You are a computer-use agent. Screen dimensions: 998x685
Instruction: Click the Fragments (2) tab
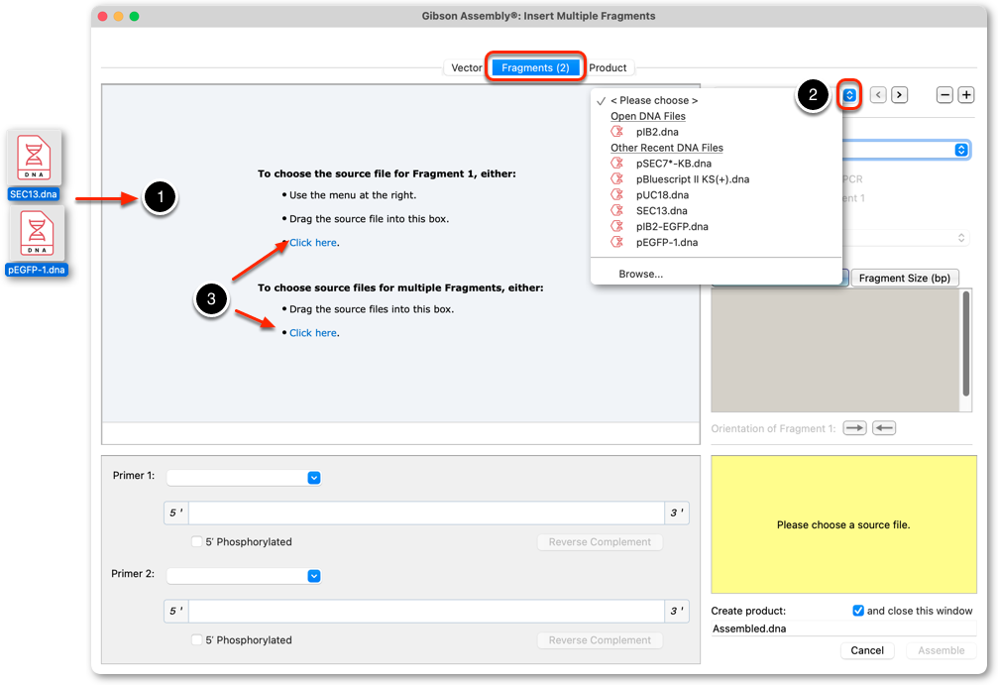(x=535, y=67)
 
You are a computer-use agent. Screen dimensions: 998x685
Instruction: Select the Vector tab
(x=467, y=67)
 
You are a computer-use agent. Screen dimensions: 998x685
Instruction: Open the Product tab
(x=608, y=67)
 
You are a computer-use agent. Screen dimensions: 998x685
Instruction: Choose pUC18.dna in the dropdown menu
(x=662, y=195)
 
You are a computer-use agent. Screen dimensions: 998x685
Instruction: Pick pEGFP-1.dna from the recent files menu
(x=666, y=242)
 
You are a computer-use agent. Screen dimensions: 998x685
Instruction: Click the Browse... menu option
(x=640, y=274)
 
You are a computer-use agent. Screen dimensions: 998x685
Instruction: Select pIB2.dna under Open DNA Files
(x=657, y=132)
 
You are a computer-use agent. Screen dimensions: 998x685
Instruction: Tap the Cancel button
(x=867, y=650)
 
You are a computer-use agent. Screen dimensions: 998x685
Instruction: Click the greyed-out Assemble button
(x=941, y=650)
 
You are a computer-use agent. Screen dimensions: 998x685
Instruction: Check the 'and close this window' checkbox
(x=858, y=611)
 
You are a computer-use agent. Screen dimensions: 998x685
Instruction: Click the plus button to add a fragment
(x=966, y=95)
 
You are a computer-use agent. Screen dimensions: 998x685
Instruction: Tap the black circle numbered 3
(x=211, y=299)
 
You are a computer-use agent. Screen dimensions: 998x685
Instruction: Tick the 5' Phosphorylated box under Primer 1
(x=197, y=542)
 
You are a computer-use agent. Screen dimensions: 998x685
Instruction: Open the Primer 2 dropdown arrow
(x=314, y=576)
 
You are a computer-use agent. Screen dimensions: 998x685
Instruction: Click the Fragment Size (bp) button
(x=905, y=278)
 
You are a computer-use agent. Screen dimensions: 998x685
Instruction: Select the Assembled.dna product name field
(x=843, y=628)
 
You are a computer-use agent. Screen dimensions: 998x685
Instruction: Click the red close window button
(x=102, y=16)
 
